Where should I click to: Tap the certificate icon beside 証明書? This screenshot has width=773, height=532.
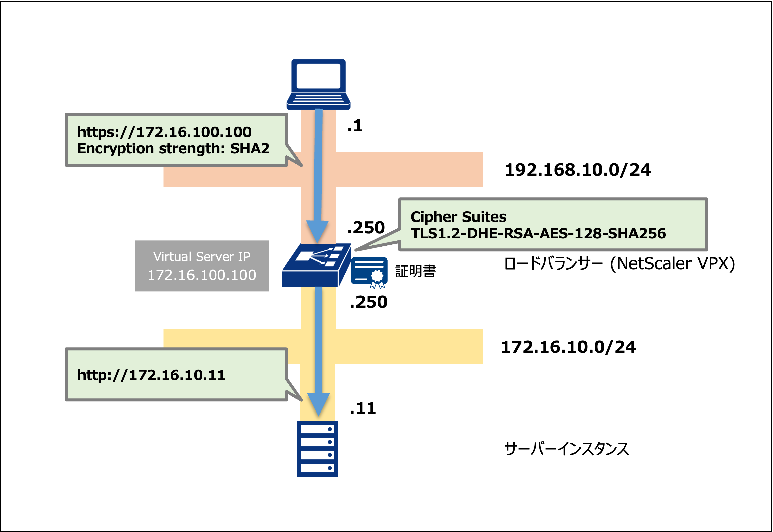pos(369,272)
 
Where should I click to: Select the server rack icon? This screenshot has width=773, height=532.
pos(317,448)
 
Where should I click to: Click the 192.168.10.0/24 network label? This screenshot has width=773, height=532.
pos(577,170)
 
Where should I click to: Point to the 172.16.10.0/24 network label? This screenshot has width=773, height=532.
pos(568,347)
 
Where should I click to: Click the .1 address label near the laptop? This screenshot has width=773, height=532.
pos(355,126)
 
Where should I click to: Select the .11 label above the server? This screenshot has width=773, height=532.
pos(363,408)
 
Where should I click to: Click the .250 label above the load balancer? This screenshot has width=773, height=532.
pos(366,228)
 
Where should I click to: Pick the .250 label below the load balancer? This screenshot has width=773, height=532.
pos(368,302)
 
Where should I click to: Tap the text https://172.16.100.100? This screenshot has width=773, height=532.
pos(164,132)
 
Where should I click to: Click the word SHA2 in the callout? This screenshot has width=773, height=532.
pos(250,149)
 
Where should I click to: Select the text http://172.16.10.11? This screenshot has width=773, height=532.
pos(151,375)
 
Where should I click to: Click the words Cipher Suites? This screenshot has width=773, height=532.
pos(458,217)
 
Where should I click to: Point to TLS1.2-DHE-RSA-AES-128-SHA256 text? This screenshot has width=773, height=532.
pos(538,233)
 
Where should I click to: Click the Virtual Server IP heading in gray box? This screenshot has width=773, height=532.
pos(202,257)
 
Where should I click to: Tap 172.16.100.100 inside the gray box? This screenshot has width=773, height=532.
pos(202,275)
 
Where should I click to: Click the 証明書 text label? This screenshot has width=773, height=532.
pos(416,271)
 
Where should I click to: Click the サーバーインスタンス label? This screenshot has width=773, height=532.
pos(566,449)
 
